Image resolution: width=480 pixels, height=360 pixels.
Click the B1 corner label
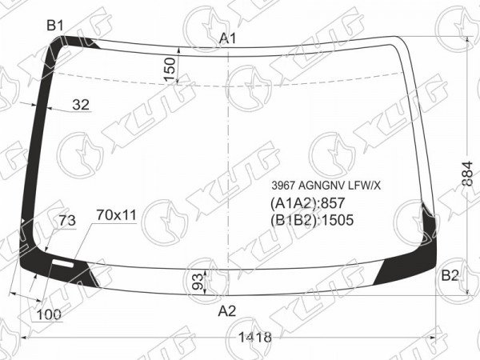[x=55, y=26]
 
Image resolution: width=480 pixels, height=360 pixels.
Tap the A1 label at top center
[x=228, y=39]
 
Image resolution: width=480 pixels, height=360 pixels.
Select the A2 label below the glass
[x=227, y=311]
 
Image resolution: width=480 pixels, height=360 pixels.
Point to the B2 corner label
[x=450, y=276]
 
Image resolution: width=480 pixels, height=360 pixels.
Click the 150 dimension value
[x=170, y=69]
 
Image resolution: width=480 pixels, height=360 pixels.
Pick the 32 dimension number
[x=81, y=105]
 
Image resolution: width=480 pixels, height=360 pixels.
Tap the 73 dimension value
[x=67, y=221]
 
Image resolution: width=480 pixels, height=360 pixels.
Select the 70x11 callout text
[x=116, y=215]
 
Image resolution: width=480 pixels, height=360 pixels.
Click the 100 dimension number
[x=49, y=314]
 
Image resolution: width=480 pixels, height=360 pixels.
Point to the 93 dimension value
[x=199, y=282]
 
